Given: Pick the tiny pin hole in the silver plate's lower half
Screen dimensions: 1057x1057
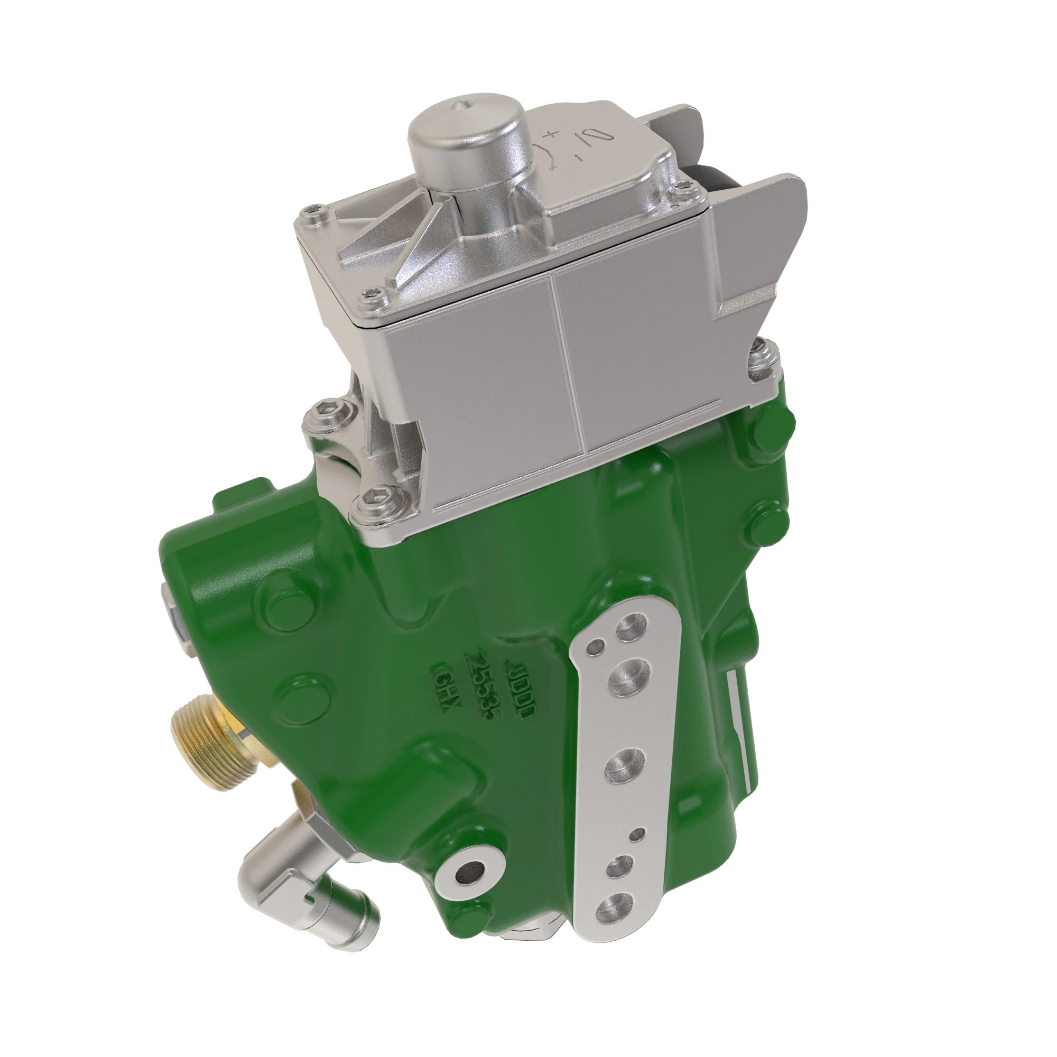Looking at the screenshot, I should [636, 835].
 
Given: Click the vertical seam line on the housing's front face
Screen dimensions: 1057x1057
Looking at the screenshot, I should [569, 361].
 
